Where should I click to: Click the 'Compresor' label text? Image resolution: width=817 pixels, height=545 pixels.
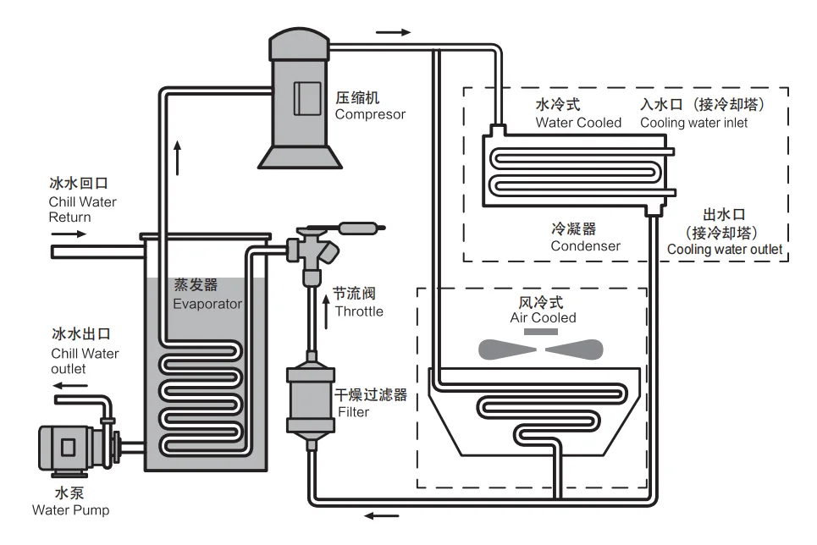click(370, 114)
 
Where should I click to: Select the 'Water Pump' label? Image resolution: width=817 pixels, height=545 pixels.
click(70, 510)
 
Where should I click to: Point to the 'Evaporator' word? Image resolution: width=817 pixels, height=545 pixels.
click(207, 304)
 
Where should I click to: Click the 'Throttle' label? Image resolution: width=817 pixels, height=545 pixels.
click(359, 311)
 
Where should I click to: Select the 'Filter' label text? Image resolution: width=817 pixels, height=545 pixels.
click(353, 412)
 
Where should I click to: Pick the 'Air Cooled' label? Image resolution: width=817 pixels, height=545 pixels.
click(543, 318)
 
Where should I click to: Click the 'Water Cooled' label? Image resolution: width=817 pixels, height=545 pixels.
click(578, 123)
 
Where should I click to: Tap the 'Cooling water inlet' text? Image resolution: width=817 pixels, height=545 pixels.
click(693, 123)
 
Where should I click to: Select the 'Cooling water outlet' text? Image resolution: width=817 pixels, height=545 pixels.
click(724, 250)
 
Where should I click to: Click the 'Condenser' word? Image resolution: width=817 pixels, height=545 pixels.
click(585, 246)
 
